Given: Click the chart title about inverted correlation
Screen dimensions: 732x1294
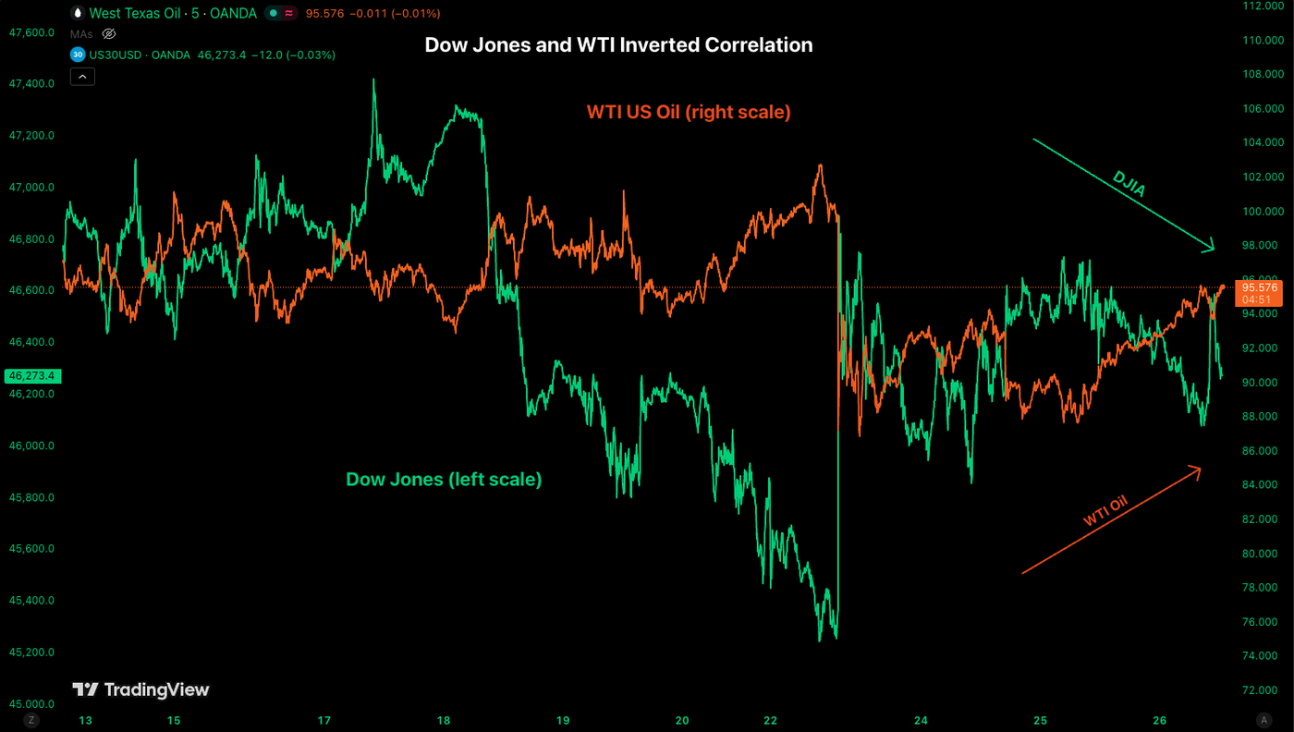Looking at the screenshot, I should click(x=618, y=44).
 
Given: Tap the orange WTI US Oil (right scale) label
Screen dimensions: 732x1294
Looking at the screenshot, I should click(x=689, y=112).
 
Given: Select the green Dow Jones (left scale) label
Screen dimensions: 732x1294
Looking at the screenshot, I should click(x=444, y=479).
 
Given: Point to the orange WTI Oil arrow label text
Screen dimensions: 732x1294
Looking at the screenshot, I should click(x=1106, y=511).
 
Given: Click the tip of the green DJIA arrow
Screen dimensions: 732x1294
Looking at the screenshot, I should click(x=1213, y=250).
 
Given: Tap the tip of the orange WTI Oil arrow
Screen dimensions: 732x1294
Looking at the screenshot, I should click(x=1200, y=468).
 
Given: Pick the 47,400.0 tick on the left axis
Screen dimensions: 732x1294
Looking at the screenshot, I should click(x=31, y=84).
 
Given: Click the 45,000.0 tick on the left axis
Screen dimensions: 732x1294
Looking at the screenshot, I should click(x=31, y=703).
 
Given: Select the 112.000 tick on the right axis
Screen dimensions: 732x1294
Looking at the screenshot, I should click(x=1263, y=6).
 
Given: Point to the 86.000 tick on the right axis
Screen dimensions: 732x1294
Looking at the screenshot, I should click(x=1263, y=450).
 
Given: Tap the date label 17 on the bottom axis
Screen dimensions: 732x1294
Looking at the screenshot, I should click(x=324, y=720).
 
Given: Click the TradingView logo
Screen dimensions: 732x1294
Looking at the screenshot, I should click(x=140, y=689).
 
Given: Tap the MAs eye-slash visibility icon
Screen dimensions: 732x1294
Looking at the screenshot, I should click(x=108, y=34).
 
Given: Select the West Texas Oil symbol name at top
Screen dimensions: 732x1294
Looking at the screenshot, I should click(x=129, y=14).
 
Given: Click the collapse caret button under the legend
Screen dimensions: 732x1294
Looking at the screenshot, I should click(x=82, y=77).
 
